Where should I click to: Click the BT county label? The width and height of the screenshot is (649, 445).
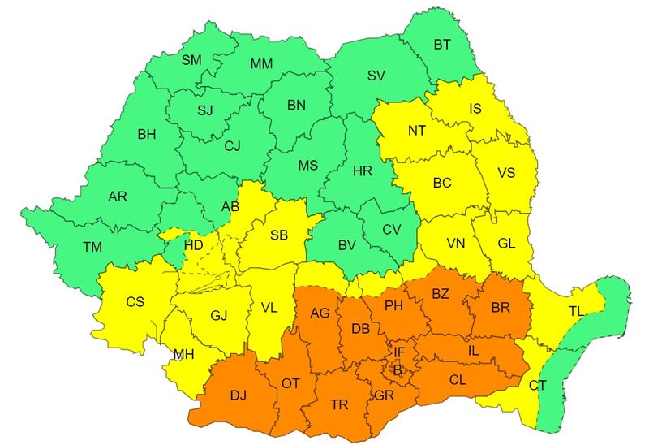[442, 45]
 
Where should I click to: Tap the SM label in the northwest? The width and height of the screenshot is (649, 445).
[191, 60]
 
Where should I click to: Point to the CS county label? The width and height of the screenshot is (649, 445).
[135, 302]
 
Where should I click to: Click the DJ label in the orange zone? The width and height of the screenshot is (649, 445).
[238, 395]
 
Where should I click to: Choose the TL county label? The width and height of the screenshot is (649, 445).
[576, 311]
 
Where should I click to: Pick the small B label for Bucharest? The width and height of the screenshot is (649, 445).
[397, 370]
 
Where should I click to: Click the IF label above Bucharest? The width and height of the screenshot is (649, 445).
[399, 352]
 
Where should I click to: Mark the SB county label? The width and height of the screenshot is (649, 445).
[278, 235]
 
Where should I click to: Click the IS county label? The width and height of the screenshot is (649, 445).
[476, 108]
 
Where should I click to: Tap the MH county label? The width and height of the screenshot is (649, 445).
[183, 354]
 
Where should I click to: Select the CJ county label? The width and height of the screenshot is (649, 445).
[233, 146]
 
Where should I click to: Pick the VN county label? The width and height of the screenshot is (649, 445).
[456, 242]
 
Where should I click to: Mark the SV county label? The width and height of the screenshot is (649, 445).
[376, 76]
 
